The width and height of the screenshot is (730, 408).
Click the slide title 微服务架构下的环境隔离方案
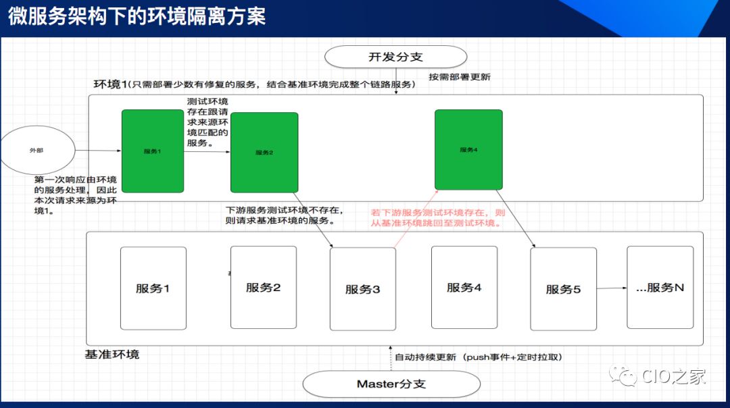[x=137, y=16]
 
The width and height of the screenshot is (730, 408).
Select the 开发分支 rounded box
[x=395, y=57]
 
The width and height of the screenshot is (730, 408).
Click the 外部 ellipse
[x=36, y=150]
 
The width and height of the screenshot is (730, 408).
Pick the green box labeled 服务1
[x=152, y=151]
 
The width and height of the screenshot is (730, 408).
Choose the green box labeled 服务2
[x=264, y=153]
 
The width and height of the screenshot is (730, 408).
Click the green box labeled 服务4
[x=468, y=149]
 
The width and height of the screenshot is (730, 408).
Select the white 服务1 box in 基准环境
[x=153, y=288]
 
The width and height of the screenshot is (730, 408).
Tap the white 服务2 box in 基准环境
[x=263, y=287]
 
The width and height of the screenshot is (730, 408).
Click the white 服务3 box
[x=363, y=289]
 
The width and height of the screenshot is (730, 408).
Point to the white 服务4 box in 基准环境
[x=464, y=287]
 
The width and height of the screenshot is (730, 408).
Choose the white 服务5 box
[x=563, y=289]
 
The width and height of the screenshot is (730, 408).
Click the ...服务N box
[x=660, y=287]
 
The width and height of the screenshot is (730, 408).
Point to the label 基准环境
[x=112, y=354]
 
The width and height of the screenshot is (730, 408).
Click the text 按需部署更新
[x=460, y=77]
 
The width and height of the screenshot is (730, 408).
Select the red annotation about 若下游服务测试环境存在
[x=437, y=218]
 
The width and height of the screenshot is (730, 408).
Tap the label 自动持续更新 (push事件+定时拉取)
[x=479, y=357]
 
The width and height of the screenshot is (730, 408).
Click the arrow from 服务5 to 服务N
[x=612, y=288]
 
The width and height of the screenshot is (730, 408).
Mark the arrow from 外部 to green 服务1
[x=96, y=151]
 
